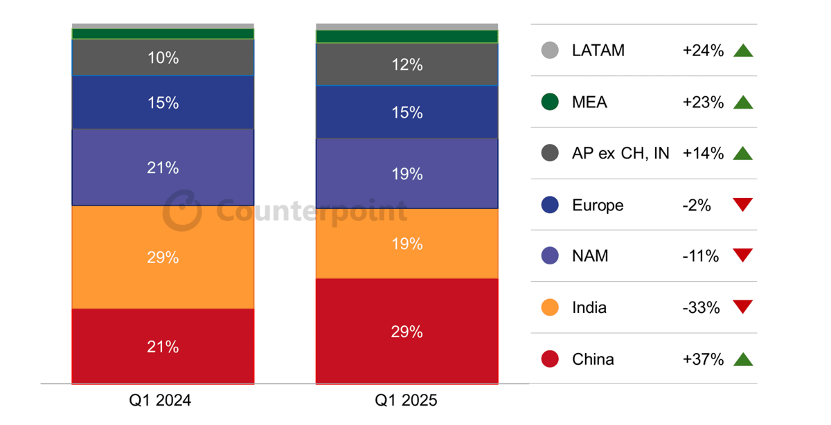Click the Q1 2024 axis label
tap(163, 401)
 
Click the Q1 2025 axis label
tap(406, 401)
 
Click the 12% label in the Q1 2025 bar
tap(406, 64)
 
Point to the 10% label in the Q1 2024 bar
tap(163, 58)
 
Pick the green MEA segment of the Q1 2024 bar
tap(163, 34)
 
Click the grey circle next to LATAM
tap(550, 51)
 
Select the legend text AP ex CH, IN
tap(620, 154)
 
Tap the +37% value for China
tap(703, 359)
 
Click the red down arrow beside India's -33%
tap(743, 307)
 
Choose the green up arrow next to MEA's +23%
tap(743, 102)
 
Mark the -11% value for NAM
tap(700, 256)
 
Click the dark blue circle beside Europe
tap(550, 205)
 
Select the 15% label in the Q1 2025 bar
tap(406, 112)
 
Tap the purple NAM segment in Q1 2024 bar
tap(163, 168)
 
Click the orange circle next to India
tap(550, 307)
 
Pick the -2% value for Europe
tap(697, 205)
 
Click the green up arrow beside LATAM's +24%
tap(743, 51)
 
